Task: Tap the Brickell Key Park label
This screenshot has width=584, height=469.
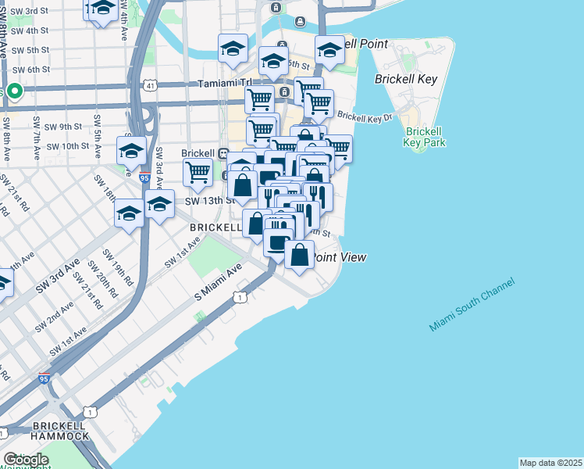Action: point(425,137)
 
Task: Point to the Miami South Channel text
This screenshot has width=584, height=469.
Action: point(472,305)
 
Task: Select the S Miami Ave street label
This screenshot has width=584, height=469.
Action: point(219,285)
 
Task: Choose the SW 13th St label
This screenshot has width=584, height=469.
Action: point(209,200)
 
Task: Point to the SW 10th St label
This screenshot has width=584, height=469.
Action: point(66,146)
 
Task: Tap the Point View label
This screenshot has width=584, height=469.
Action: point(340,257)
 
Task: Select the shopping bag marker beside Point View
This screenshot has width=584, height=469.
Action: point(299,255)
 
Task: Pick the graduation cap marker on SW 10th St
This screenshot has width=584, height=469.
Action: point(131,149)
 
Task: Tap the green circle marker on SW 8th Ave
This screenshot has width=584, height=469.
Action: point(14,91)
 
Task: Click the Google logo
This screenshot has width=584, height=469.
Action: point(26,460)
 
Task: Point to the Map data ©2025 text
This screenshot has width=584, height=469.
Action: point(550,463)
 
